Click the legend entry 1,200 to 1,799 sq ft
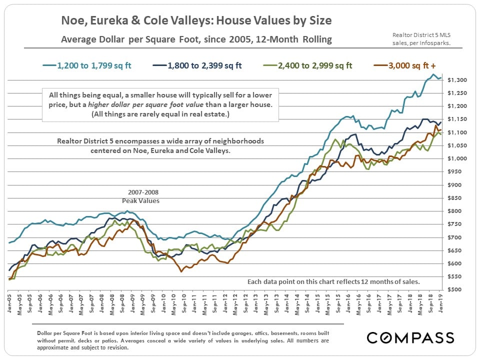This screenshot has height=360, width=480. click(x=94, y=65)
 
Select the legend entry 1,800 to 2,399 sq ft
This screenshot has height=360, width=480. click(x=204, y=65)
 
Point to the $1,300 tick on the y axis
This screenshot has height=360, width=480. click(x=458, y=80)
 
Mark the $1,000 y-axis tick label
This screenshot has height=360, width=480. click(x=458, y=158)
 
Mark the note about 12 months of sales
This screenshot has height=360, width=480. click(x=333, y=282)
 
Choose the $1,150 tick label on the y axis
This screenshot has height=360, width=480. click(x=458, y=119)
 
